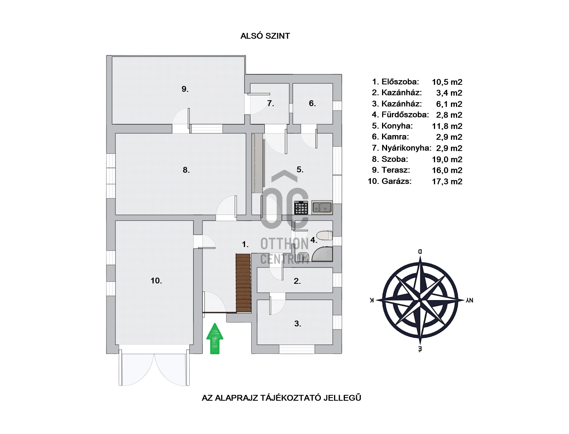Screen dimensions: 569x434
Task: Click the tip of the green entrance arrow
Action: point(215,323)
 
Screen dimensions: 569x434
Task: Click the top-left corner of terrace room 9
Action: point(112,57)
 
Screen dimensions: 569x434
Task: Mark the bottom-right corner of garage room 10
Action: point(194,345)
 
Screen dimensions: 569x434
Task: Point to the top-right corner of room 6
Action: point(332,84)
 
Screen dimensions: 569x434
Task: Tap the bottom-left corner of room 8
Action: point(115,214)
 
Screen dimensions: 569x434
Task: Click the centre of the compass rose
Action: point(420,300)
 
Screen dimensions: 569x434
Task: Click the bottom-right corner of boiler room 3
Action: point(332,345)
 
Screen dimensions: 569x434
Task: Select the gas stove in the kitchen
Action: point(301,208)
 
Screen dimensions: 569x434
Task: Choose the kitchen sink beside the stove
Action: point(322,208)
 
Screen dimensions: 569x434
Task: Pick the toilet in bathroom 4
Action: point(324,235)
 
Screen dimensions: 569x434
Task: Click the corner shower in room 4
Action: point(322,254)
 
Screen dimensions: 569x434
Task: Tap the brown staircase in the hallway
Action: point(243,283)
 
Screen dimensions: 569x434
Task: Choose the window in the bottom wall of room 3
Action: point(297,349)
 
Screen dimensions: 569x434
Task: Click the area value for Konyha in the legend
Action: point(447,126)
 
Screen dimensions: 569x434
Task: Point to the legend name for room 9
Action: point(396,170)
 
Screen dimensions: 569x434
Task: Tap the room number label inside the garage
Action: point(156,281)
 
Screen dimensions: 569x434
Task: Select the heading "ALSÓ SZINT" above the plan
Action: point(265,36)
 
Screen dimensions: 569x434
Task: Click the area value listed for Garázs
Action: point(447,182)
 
